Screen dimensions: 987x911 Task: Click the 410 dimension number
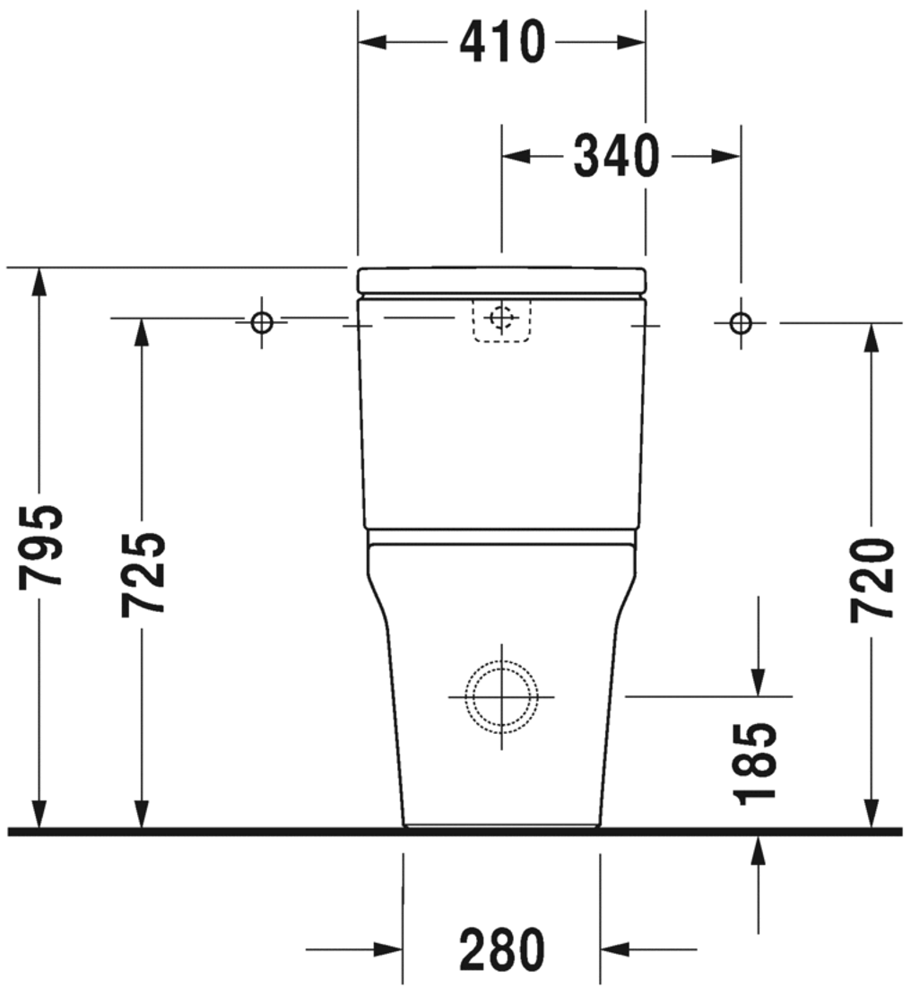click(x=502, y=42)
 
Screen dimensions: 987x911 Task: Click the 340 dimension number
click(x=617, y=156)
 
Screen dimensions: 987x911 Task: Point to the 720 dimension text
click(x=872, y=580)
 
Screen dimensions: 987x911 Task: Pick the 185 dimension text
click(x=754, y=762)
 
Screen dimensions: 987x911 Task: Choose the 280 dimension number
click(x=502, y=949)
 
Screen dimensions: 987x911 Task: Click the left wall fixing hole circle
click(x=262, y=322)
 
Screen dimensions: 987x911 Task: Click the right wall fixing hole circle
click(x=741, y=322)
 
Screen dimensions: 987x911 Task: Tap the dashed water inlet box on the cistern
click(x=501, y=320)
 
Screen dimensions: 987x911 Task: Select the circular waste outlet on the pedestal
click(x=501, y=697)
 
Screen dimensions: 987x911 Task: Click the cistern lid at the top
click(x=501, y=280)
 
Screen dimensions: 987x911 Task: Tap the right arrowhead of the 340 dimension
click(x=727, y=156)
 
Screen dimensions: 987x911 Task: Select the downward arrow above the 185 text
click(x=759, y=681)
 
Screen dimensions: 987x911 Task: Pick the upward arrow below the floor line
click(x=759, y=849)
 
